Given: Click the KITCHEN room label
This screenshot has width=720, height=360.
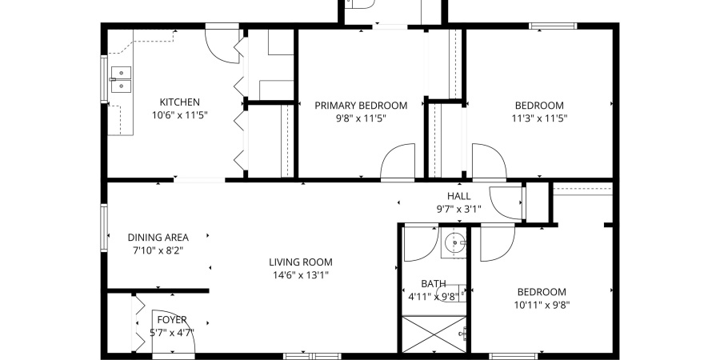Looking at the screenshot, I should (x=179, y=102).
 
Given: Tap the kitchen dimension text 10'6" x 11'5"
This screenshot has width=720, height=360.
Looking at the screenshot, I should (x=179, y=115).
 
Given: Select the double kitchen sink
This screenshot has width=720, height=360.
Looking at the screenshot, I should (x=122, y=80).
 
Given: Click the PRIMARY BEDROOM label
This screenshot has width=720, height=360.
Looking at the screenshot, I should (x=361, y=106).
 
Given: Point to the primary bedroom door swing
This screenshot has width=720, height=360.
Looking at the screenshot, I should (x=398, y=163).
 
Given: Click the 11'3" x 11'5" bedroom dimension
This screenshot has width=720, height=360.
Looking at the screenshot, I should (x=538, y=118).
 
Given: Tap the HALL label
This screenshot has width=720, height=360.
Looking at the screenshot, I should (x=458, y=196).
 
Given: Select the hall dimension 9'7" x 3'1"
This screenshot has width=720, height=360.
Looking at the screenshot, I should (x=458, y=209).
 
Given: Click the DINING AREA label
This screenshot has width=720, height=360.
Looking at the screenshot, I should (x=158, y=237).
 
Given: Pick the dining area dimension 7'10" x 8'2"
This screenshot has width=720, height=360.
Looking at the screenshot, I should (x=158, y=250).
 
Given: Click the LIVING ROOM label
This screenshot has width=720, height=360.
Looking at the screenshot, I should (x=300, y=262).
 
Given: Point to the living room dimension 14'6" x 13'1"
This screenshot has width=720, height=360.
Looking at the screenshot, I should (x=300, y=274).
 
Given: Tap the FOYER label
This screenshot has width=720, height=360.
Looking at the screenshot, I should (x=172, y=320).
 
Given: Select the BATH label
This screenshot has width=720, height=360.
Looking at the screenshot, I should (x=434, y=283).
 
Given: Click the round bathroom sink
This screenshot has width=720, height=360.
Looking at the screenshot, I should (x=455, y=242).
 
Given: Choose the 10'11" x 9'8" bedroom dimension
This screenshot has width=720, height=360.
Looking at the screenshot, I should (x=542, y=304).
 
